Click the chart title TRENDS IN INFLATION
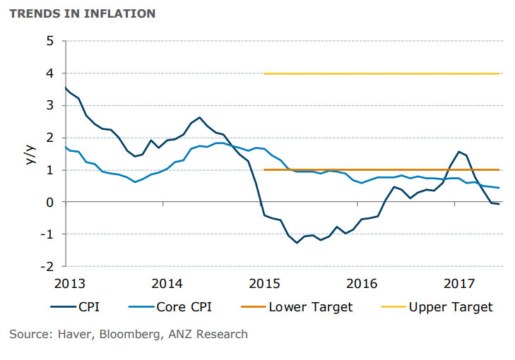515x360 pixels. pos(82,13)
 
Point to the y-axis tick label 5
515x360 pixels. pos(49,41)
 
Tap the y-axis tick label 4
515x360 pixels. pos(49,73)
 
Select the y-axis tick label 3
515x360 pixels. pos(49,105)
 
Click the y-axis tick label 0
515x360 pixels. pos(49,202)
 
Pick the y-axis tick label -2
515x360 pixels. pos(47,266)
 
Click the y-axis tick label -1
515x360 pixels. pos(47,234)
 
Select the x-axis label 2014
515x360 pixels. pos(167,284)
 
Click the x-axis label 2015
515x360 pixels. pos(264,284)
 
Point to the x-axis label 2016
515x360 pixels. pos(362,284)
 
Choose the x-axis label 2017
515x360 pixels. pos(459,284)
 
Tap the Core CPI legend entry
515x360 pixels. pos(181,307)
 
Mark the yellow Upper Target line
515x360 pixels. pos(381,73)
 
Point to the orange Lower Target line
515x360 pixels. pos(381,169)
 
